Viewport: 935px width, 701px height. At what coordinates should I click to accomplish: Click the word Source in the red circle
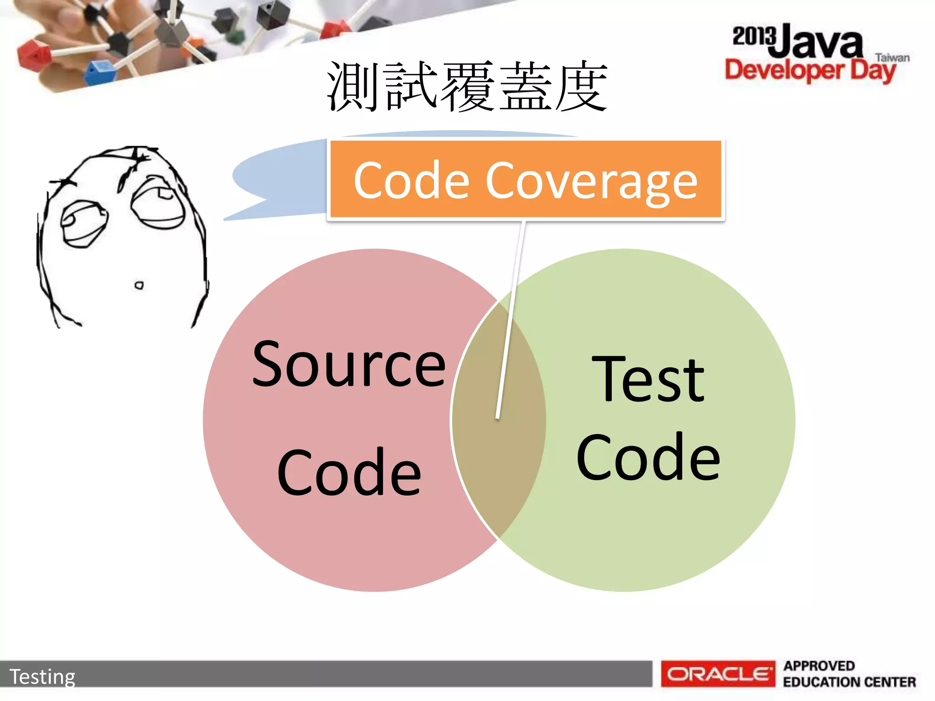point(349,364)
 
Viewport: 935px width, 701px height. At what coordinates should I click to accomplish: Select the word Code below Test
point(648,457)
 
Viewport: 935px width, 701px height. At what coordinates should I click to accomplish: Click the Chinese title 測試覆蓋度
point(467,87)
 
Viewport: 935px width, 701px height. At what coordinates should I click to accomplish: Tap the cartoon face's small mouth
point(139,286)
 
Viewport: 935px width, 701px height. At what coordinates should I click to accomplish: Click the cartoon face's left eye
point(84,224)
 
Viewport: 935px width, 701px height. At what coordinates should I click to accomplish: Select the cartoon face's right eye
point(158,203)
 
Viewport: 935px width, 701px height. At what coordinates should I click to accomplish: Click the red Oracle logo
point(718,674)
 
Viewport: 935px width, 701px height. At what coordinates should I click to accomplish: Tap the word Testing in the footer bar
point(42,676)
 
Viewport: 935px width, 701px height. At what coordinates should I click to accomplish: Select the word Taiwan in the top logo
point(892,58)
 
